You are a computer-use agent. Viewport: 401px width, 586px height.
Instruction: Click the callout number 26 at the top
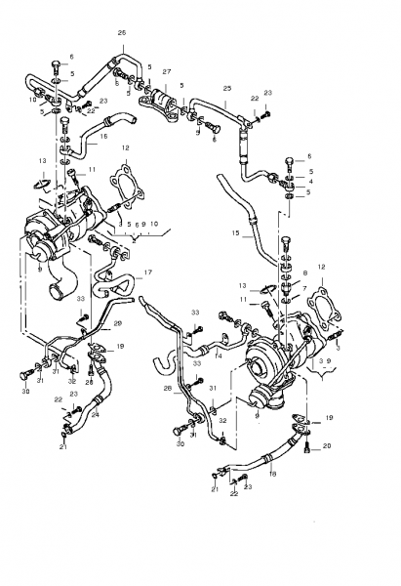(122, 33)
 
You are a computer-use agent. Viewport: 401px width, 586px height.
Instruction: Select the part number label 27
(167, 72)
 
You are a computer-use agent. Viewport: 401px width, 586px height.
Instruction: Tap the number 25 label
(226, 89)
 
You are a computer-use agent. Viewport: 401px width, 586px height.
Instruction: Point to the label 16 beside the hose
(103, 138)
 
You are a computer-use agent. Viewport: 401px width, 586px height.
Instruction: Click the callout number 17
(148, 272)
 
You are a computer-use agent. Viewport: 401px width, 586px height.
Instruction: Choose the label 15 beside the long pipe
(235, 234)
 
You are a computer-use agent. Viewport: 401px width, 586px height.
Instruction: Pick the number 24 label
(96, 413)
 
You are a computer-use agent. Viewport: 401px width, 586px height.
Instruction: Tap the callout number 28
(168, 388)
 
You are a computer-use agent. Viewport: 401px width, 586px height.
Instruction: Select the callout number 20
(326, 446)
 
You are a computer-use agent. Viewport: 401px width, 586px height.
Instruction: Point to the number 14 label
(219, 357)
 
